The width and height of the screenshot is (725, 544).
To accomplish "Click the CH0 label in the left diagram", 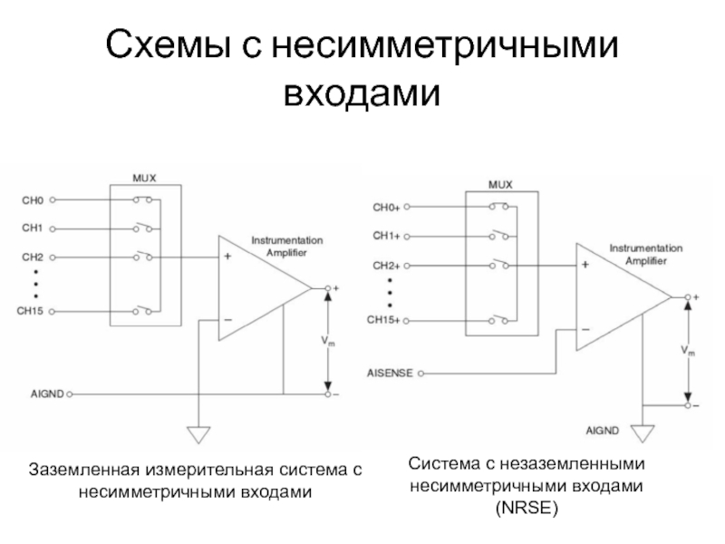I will pos(32,199).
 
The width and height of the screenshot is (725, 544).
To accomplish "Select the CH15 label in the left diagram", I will pos(35,311).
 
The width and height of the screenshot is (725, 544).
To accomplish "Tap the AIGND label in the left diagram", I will pos(47,394).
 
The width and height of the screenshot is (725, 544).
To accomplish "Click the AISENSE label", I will pos(391,373).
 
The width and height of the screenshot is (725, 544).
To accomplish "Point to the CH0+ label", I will pos(385,207).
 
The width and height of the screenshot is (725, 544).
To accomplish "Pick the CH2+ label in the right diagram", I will pos(385,266).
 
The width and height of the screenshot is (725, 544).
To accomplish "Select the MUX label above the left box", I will pos(145,178).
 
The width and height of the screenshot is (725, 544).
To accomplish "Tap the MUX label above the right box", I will pos(500,183).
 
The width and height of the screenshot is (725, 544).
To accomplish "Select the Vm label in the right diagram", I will pos(688,349).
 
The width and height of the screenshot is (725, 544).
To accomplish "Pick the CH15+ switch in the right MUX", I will pos(499,319).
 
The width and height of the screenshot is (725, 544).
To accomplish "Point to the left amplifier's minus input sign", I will pos(227,319).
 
